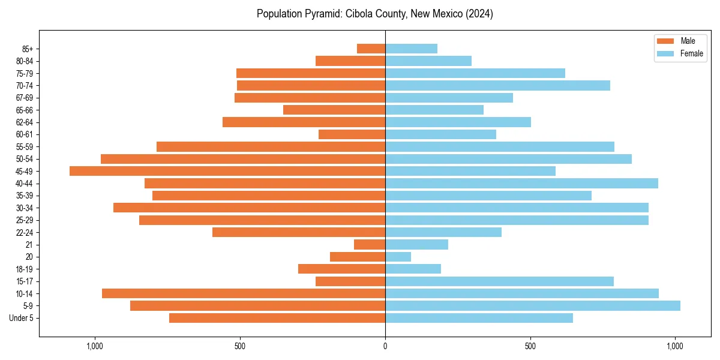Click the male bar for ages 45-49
click(x=227, y=171)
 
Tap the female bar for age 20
click(x=398, y=257)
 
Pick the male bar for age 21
click(x=370, y=244)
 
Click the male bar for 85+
click(x=371, y=49)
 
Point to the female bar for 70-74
click(x=497, y=85)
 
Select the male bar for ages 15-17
click(x=350, y=281)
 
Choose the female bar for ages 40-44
click(x=521, y=183)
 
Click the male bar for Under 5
click(x=277, y=318)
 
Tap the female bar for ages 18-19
click(x=413, y=269)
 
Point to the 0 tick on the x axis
click(x=385, y=346)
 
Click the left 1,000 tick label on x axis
click(x=95, y=346)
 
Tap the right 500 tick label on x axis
click(x=530, y=346)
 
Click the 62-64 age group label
click(x=25, y=122)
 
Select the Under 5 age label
click(x=22, y=318)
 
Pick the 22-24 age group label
click(x=25, y=232)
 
